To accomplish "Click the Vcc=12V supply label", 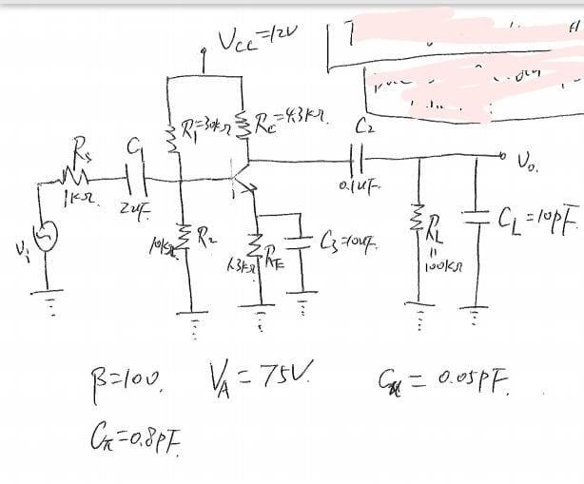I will click(x=245, y=41).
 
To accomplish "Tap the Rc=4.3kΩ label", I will click(x=289, y=121).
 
